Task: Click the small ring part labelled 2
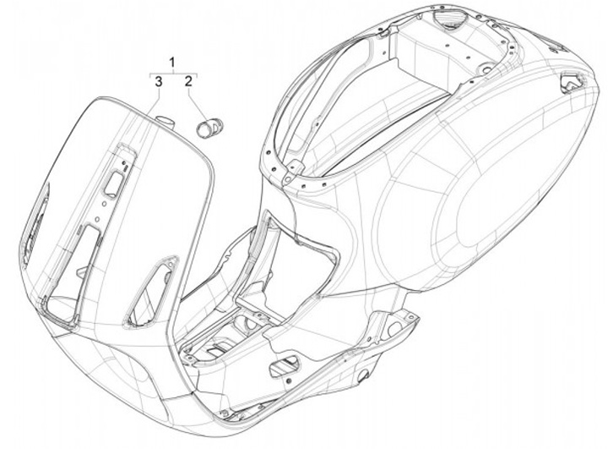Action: (x=208, y=128)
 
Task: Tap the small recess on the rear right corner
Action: (x=572, y=82)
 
